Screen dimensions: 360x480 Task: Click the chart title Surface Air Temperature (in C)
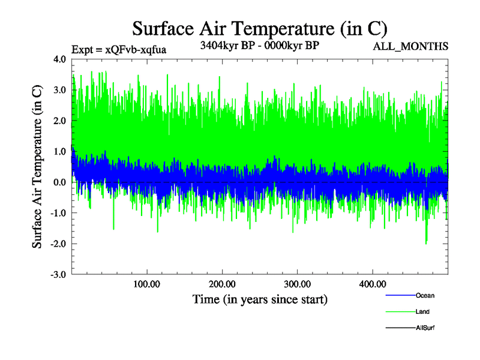coord(260,28)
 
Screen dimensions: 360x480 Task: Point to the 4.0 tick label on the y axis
coord(61,59)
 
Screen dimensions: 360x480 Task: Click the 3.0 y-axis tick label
coord(61,90)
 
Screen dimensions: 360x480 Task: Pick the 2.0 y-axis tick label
coord(61,121)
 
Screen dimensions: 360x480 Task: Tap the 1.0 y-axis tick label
coord(61,151)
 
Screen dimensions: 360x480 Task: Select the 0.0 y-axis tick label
coord(61,182)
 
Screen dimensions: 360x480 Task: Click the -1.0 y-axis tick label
coord(59,213)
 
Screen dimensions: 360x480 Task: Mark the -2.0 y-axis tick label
coord(59,244)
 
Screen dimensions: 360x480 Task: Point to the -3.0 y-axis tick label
coord(59,274)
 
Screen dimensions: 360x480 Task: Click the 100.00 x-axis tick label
coord(146,284)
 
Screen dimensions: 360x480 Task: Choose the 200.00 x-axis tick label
coord(222,284)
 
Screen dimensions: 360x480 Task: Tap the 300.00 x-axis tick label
coord(297,284)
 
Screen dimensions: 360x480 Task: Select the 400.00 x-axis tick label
coord(372,284)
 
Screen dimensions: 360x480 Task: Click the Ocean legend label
coord(425,296)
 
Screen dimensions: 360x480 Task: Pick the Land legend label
coord(422,312)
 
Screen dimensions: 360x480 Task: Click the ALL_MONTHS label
coord(411,47)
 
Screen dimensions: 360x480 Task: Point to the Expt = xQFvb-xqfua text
coord(118,50)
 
